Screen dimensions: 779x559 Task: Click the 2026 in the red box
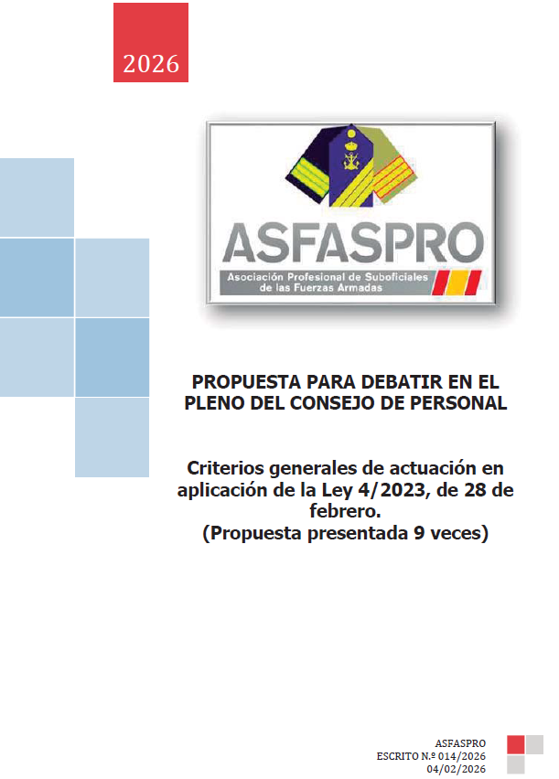(x=151, y=64)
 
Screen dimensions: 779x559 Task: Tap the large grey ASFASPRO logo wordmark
(x=353, y=241)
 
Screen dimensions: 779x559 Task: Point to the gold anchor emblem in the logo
(x=350, y=165)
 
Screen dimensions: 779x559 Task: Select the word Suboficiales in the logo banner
(x=360, y=277)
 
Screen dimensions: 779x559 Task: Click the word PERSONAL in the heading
(x=461, y=403)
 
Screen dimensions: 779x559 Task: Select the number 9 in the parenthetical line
(x=409, y=534)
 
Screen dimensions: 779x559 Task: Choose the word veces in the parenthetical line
(x=454, y=534)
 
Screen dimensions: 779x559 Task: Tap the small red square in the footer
(x=515, y=745)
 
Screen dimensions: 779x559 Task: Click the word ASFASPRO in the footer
(x=462, y=743)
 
